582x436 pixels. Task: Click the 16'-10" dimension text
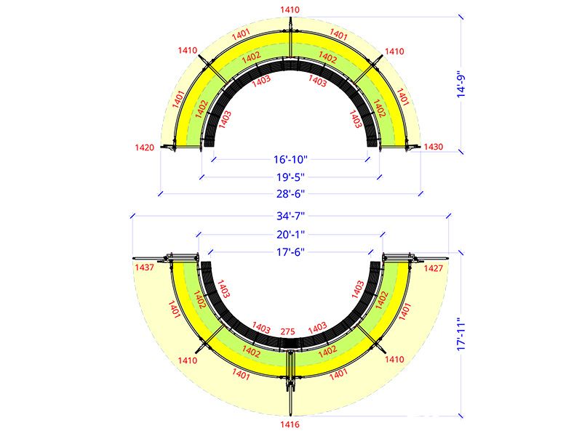coord(290,159)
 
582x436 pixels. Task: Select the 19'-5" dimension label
coord(290,177)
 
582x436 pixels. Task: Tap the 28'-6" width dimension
coord(290,193)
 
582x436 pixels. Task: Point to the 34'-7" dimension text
coord(290,216)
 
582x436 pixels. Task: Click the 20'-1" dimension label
coord(290,234)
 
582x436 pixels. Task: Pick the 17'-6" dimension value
coord(290,252)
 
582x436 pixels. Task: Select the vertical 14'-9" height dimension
coord(461,84)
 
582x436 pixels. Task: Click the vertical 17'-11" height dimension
coord(461,334)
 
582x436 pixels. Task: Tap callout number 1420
coord(144,148)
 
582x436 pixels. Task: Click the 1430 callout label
coord(433,147)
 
